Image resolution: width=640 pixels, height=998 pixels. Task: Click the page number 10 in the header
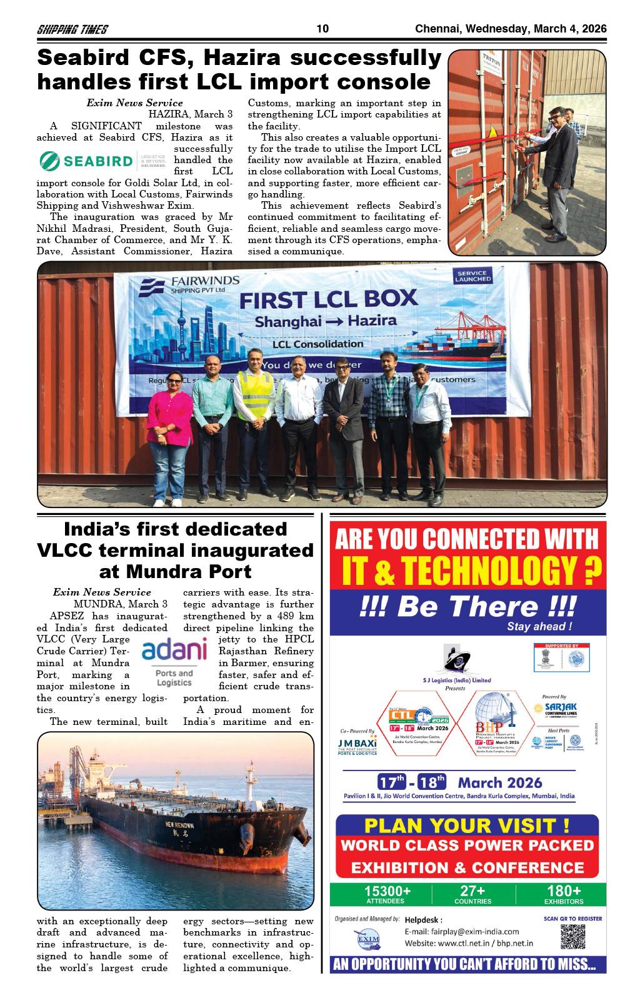coord(322,29)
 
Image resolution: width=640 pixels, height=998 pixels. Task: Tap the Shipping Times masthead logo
coord(72,29)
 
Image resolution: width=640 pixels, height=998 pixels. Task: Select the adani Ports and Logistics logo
coord(174,662)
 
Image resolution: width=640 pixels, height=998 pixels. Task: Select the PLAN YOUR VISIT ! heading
coord(466,826)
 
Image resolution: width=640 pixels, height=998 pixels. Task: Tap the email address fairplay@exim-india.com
coord(462,932)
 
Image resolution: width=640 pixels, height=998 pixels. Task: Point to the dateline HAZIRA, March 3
coord(190,114)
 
